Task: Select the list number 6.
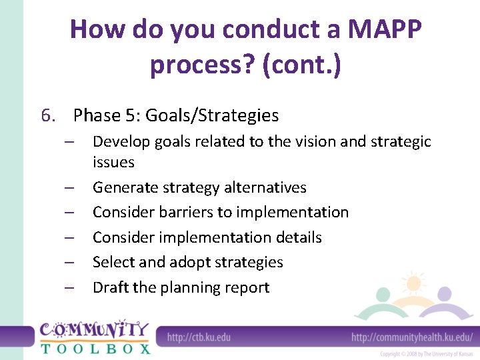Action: [x=47, y=116]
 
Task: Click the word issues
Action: [x=113, y=162]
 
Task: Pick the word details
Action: [x=296, y=237]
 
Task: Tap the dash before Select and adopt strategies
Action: [x=69, y=263]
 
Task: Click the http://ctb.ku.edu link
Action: [x=199, y=337]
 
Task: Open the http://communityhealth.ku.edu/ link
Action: [x=411, y=337]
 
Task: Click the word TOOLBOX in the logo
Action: [x=95, y=347]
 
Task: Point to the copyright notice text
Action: [x=426, y=354]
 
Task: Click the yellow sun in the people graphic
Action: [x=413, y=283]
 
